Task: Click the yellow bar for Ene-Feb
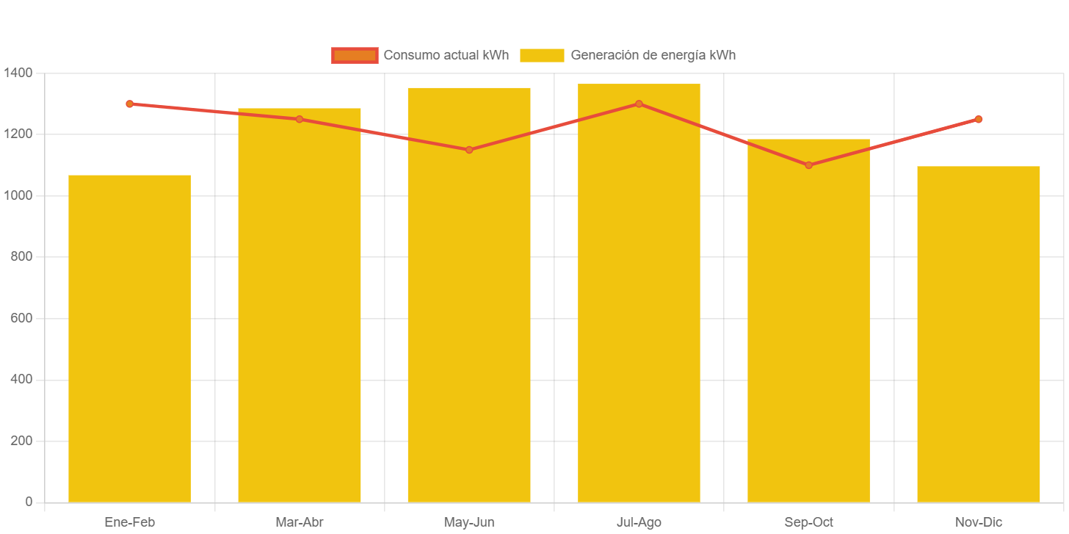pyautogui.click(x=129, y=339)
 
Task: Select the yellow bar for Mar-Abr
pyautogui.click(x=300, y=305)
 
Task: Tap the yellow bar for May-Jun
pyautogui.click(x=469, y=295)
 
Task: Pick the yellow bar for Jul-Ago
pyautogui.click(x=639, y=293)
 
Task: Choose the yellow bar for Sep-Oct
pyautogui.click(x=808, y=320)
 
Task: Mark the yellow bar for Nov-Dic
pyautogui.click(x=979, y=334)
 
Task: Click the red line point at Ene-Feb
pyautogui.click(x=130, y=104)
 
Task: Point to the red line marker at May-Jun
pyautogui.click(x=469, y=150)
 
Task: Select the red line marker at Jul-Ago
pyautogui.click(x=639, y=104)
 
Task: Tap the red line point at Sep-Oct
pyautogui.click(x=808, y=165)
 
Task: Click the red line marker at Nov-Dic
pyautogui.click(x=979, y=119)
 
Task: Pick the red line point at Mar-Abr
pyautogui.click(x=300, y=119)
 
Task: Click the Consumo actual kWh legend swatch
pyautogui.click(x=355, y=55)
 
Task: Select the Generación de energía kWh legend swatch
pyautogui.click(x=542, y=55)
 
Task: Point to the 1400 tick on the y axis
pyautogui.click(x=18, y=73)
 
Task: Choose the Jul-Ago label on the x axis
pyautogui.click(x=639, y=522)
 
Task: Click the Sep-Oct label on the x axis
pyautogui.click(x=808, y=522)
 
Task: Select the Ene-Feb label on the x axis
pyautogui.click(x=130, y=522)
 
